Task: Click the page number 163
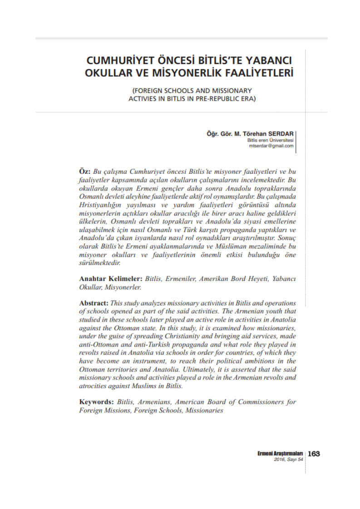(x=314, y=454)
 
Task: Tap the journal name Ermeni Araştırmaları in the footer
(x=280, y=454)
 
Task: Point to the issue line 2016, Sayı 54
(x=288, y=460)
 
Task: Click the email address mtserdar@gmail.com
(x=271, y=146)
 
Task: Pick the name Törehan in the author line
(x=253, y=134)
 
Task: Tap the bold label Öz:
(x=85, y=173)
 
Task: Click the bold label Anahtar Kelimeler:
(x=111, y=278)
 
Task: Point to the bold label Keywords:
(x=96, y=402)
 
